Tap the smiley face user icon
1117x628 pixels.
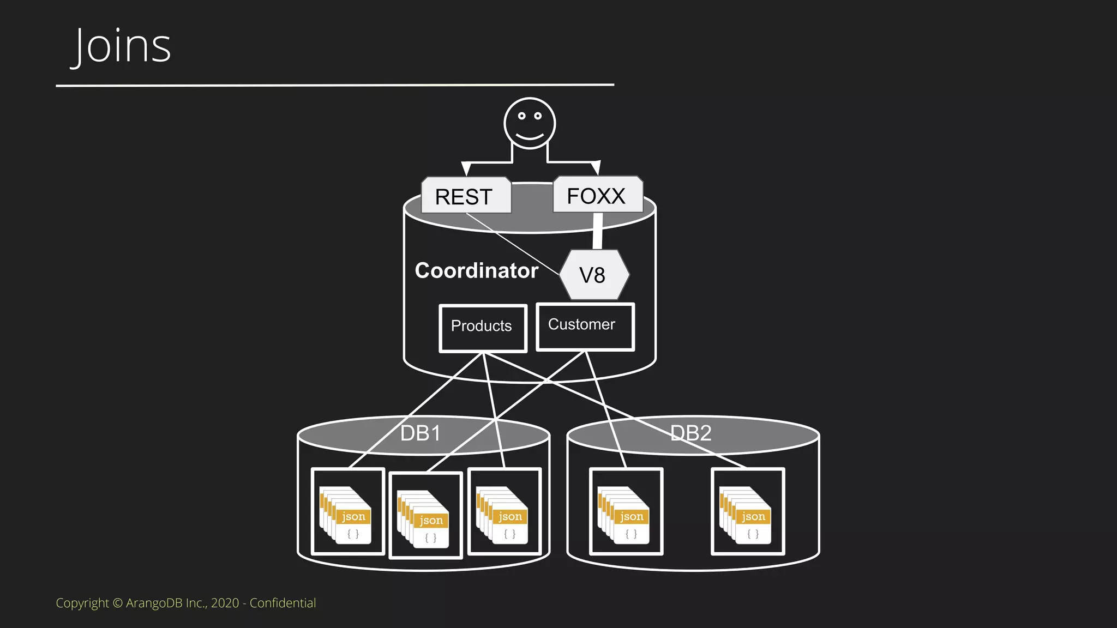[x=529, y=123]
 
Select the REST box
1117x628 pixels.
[x=466, y=196]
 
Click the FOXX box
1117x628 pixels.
[x=597, y=195]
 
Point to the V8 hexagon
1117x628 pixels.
[x=593, y=275]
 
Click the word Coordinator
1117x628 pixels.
[x=476, y=271]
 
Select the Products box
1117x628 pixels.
[x=482, y=327]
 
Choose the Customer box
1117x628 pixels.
[x=584, y=325]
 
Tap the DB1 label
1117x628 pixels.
[x=420, y=433]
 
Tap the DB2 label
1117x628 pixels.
[x=690, y=433]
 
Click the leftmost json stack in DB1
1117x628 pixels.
[x=346, y=515]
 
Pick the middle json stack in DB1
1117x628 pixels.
[x=424, y=519]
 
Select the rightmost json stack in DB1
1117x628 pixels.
[x=502, y=515]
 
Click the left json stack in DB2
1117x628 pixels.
[x=624, y=515]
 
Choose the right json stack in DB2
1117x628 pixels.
[x=746, y=515]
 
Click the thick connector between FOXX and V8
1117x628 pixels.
[x=598, y=231]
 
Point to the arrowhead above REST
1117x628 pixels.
[x=466, y=168]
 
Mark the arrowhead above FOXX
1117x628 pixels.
[x=596, y=167]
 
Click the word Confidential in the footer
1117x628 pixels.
[x=283, y=603]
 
